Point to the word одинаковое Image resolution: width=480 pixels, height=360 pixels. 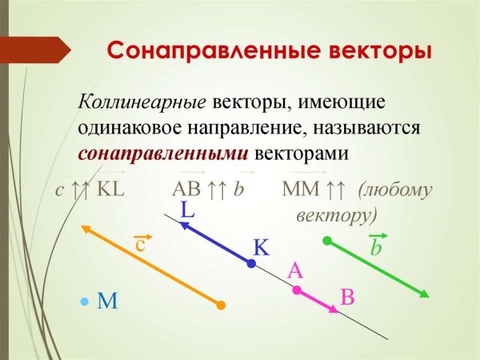pos(131,127)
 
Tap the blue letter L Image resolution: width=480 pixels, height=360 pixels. pos(187,210)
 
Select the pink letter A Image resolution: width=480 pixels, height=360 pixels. pos(295,271)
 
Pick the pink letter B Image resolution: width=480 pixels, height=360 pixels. pos(347,297)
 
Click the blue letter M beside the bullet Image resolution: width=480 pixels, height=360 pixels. pos(107,301)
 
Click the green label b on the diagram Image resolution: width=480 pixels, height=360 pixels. pos(376,247)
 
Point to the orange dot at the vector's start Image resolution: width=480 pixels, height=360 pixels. pos(222,305)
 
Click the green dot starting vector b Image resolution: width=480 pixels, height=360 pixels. pos(326,240)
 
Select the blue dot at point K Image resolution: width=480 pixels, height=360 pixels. pos(252,262)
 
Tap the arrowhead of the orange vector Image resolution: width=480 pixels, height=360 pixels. pos(84,230)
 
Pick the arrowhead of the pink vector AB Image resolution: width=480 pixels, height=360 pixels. pos(336,310)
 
